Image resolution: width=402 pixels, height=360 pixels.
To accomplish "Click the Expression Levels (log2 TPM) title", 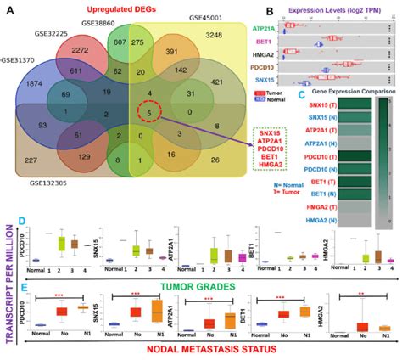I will (342, 8).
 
